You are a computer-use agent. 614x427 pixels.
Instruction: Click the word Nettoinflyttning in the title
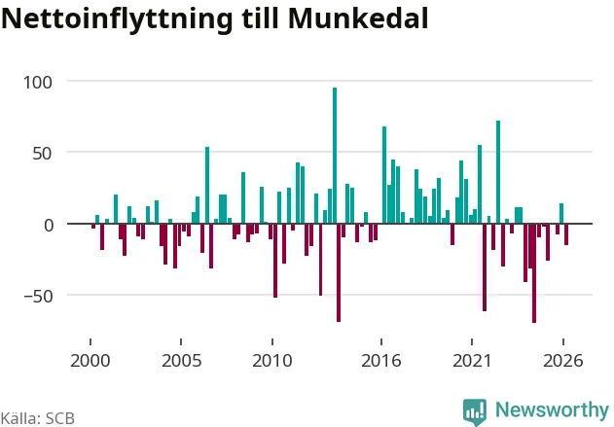click(117, 18)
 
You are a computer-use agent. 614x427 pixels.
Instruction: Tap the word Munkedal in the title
click(358, 18)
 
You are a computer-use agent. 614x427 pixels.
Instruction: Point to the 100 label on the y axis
click(38, 83)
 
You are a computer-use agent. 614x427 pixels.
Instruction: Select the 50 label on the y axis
click(42, 154)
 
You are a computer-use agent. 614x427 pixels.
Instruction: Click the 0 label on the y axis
click(48, 226)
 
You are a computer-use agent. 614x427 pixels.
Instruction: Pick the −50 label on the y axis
click(38, 297)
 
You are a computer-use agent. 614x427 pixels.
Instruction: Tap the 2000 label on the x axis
click(90, 361)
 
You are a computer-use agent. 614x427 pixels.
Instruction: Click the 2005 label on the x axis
click(181, 361)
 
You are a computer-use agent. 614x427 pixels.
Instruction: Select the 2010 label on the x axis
click(272, 361)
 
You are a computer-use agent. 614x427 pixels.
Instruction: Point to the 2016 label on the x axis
click(381, 361)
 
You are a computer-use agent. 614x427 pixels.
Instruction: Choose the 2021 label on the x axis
click(472, 361)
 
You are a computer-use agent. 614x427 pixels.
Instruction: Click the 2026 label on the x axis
click(563, 361)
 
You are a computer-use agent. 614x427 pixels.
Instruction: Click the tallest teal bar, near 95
click(335, 156)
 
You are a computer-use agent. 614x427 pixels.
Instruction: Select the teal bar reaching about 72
click(498, 172)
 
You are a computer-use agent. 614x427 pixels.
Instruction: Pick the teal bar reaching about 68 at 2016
click(384, 175)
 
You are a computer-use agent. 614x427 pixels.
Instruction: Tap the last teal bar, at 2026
click(561, 213)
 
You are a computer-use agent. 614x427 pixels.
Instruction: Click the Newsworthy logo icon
click(475, 412)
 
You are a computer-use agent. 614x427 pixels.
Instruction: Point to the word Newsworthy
click(552, 410)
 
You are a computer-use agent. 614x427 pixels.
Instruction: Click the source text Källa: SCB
click(37, 418)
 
